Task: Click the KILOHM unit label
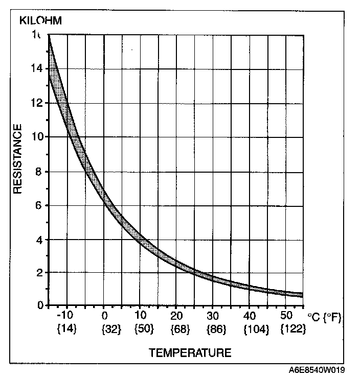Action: pos(40,21)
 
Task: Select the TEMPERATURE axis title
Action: pos(190,352)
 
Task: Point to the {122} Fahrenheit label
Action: pos(294,329)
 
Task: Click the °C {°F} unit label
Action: pos(324,318)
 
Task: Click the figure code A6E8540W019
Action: pos(318,370)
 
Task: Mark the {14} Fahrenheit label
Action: pos(66,329)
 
